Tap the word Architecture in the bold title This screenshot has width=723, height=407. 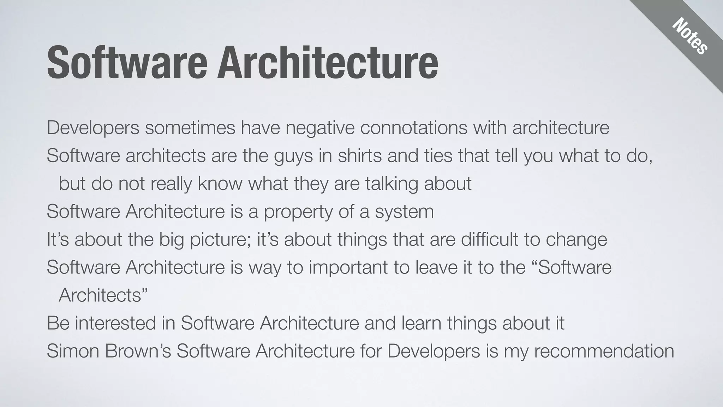coord(327,63)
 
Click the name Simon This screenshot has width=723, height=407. coord(73,351)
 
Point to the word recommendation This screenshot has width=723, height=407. coord(604,351)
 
